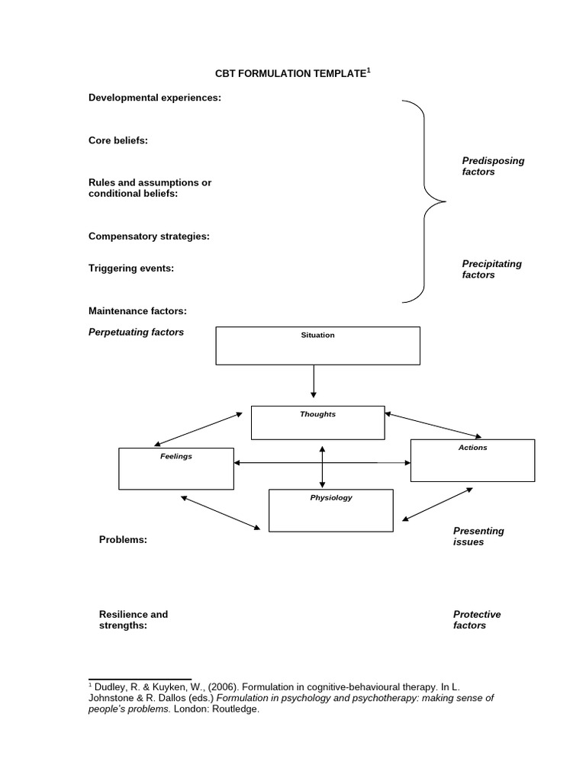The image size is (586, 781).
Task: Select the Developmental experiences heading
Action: pyautogui.click(x=155, y=98)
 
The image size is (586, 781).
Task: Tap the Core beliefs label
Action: pyautogui.click(x=118, y=140)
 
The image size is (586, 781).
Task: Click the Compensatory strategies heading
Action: pyautogui.click(x=149, y=236)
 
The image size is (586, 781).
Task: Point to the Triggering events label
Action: pyautogui.click(x=131, y=268)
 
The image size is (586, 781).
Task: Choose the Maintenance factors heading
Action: pyautogui.click(x=137, y=310)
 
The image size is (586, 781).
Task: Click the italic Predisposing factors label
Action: pyautogui.click(x=493, y=166)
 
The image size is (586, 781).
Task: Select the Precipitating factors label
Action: pyautogui.click(x=491, y=269)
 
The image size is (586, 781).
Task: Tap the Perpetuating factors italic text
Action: pyautogui.click(x=136, y=333)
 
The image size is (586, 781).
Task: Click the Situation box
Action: pyautogui.click(x=317, y=346)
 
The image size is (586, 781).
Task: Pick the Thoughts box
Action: pyautogui.click(x=317, y=423)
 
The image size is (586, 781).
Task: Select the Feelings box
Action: pyautogui.click(x=176, y=468)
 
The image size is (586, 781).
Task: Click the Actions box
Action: pyautogui.click(x=472, y=460)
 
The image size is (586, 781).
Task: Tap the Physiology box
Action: pyautogui.click(x=331, y=510)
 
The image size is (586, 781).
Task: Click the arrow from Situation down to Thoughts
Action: pyautogui.click(x=314, y=381)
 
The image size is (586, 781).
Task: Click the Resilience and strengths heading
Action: pyautogui.click(x=134, y=619)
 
